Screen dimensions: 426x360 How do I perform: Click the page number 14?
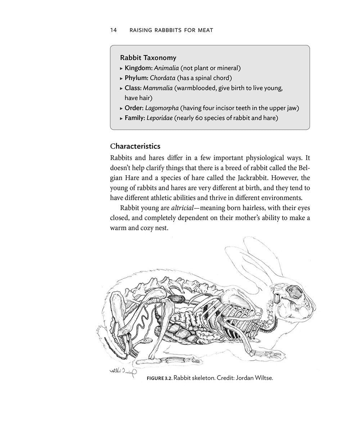[x=113, y=30]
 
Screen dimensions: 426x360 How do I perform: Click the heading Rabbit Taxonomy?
[x=148, y=58]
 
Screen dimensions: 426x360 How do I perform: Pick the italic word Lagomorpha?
[x=162, y=108]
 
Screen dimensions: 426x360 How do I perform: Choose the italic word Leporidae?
[x=159, y=118]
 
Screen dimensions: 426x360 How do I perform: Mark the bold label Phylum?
[x=136, y=78]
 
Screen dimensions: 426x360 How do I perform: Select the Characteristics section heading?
[x=135, y=146]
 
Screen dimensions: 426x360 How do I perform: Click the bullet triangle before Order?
[x=121, y=108]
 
